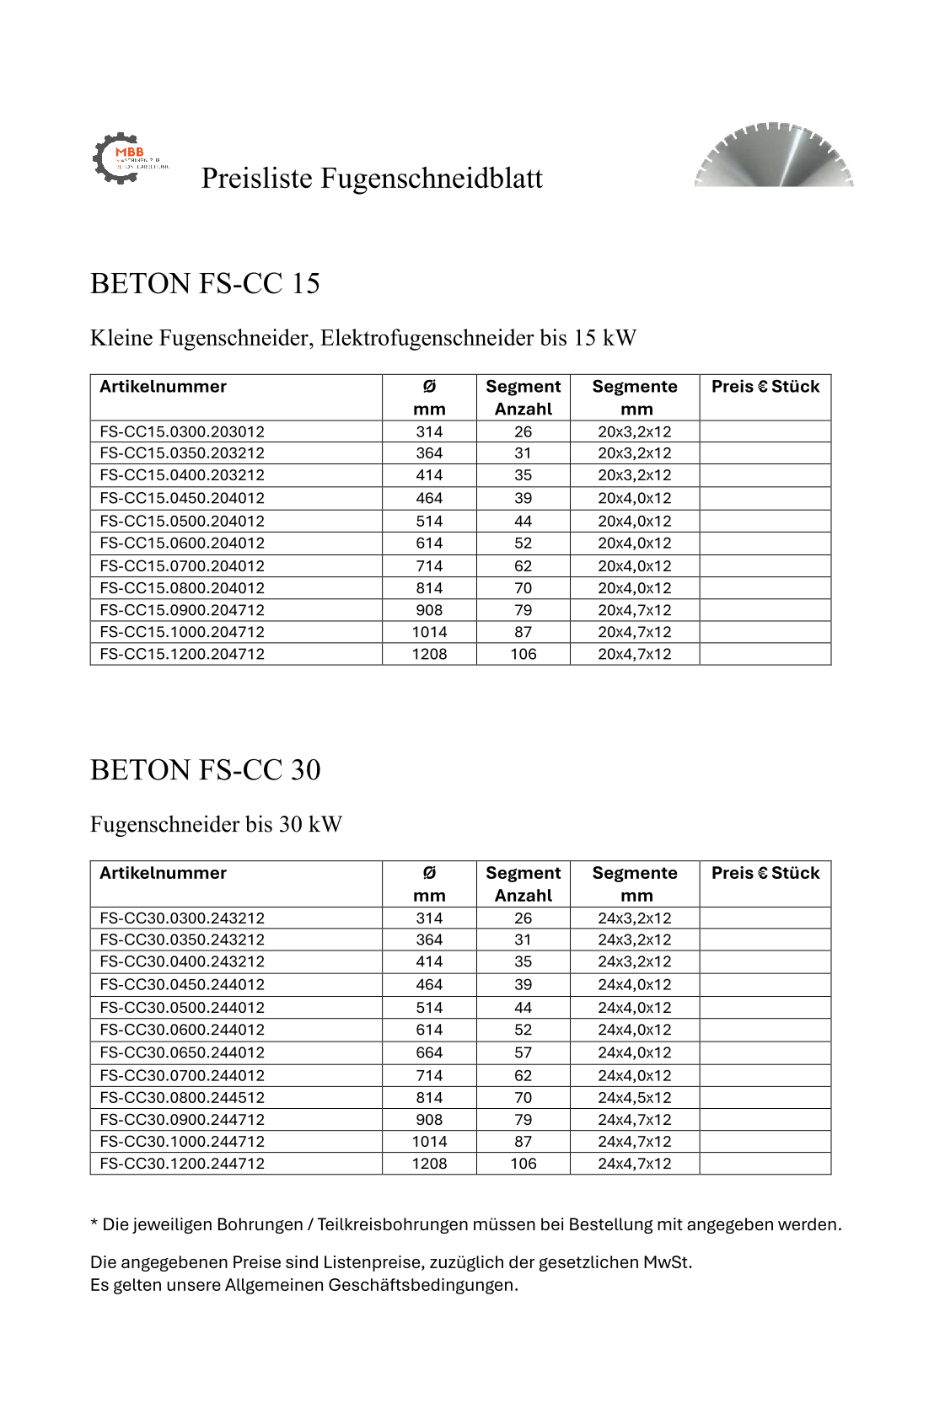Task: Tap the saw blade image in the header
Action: pyautogui.click(x=774, y=156)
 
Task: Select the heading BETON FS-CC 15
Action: pyautogui.click(x=205, y=284)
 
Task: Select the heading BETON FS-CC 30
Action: pyautogui.click(x=205, y=770)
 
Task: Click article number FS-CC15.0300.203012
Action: pyautogui.click(x=182, y=431)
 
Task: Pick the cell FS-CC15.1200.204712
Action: pyautogui.click(x=182, y=654)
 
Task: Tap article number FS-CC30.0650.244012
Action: pyautogui.click(x=182, y=1052)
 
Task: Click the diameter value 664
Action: pyautogui.click(x=429, y=1052)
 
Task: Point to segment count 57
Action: pyautogui.click(x=524, y=1052)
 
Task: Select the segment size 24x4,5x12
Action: pyautogui.click(x=635, y=1097)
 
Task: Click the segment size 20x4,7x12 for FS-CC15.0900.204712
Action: pyautogui.click(x=635, y=610)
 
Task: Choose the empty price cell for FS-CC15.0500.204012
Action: pyautogui.click(x=765, y=521)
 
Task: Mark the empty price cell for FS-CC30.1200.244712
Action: pyautogui.click(x=765, y=1164)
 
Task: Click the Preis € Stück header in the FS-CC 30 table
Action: pyautogui.click(x=765, y=873)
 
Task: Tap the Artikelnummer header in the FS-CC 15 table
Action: pyautogui.click(x=164, y=387)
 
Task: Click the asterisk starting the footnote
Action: pyautogui.click(x=94, y=1224)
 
